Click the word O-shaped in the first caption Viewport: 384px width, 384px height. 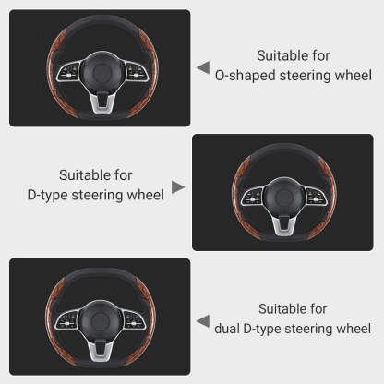tap(245, 76)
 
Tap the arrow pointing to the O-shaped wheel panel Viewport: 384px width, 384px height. tap(204, 67)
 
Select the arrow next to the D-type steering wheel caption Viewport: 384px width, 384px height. tap(178, 187)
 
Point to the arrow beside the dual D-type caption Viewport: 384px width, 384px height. tap(203, 321)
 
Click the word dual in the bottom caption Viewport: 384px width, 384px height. tap(227, 329)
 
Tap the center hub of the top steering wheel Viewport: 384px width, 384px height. tap(102, 72)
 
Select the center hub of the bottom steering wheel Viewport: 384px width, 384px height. tap(100, 320)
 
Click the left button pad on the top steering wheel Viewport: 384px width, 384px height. tap(69, 72)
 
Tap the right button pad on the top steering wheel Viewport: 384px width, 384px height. tap(137, 72)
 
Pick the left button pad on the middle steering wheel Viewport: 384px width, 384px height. tap(252, 196)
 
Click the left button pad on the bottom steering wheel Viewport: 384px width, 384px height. tap(66, 319)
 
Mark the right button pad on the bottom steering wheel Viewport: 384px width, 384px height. tap(134, 319)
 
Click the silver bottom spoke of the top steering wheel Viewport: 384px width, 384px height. tap(102, 102)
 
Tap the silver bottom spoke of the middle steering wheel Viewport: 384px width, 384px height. tap(285, 226)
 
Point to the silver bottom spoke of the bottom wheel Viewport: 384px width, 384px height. tap(101, 351)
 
